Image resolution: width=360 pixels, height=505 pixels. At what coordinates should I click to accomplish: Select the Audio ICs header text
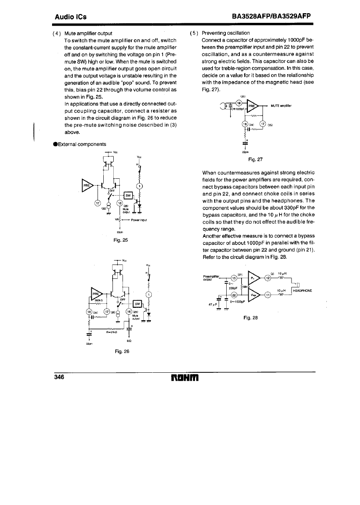click(x=71, y=17)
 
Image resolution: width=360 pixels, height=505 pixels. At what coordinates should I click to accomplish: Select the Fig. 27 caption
click(x=255, y=159)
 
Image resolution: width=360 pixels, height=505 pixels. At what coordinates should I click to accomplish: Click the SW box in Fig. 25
click(x=129, y=195)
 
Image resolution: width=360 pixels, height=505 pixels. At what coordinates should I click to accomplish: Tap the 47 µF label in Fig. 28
click(x=213, y=304)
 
